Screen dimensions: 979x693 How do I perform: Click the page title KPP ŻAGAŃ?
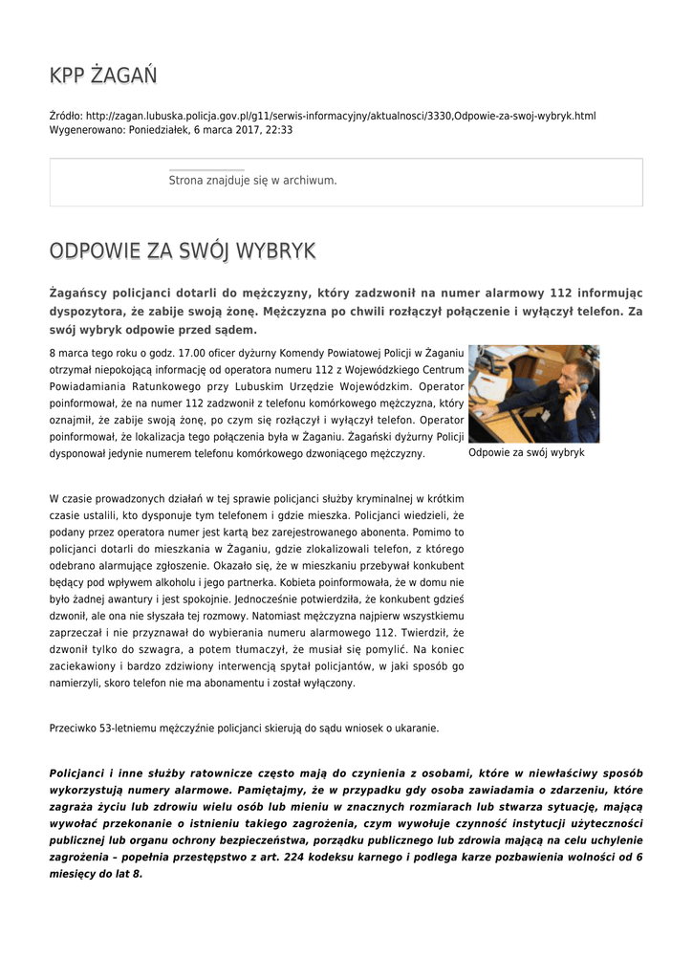(103, 76)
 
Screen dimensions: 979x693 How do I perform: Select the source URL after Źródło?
(340, 116)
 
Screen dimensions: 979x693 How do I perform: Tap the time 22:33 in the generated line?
(279, 129)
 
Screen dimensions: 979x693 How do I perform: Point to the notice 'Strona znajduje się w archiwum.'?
(252, 180)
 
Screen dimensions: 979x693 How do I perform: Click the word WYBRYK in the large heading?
(275, 251)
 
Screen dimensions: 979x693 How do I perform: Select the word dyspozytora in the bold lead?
(90, 311)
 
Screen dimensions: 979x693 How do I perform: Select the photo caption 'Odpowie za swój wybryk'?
(526, 453)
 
